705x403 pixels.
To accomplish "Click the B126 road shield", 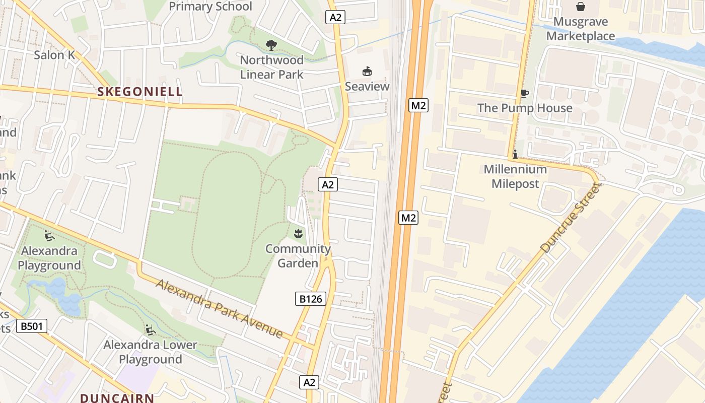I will [310, 299].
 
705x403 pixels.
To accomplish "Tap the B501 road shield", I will [31, 326].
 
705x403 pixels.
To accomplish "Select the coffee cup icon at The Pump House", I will [524, 93].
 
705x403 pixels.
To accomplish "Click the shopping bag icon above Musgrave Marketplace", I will [581, 7].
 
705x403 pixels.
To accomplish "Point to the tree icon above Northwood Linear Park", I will [271, 45].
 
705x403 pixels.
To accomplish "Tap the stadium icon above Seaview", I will [367, 72].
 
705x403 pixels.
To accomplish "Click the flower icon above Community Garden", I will [298, 233].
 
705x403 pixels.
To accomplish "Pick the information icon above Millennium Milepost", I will [515, 155].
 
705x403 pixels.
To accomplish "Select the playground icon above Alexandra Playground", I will [49, 235].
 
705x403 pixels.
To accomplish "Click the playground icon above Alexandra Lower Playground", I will [150, 330].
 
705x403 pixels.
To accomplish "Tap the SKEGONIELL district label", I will [139, 92].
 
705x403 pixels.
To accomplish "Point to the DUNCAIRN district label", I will [117, 397].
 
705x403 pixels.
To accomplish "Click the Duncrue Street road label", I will [571, 218].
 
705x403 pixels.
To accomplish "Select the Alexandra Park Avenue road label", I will [220, 308].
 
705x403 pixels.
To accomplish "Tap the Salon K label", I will [54, 55].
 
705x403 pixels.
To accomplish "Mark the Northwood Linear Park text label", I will [271, 67].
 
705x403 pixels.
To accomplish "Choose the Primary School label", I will [210, 7].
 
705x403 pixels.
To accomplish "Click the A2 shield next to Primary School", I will [335, 17].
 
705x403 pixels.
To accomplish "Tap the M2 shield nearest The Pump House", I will [418, 105].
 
